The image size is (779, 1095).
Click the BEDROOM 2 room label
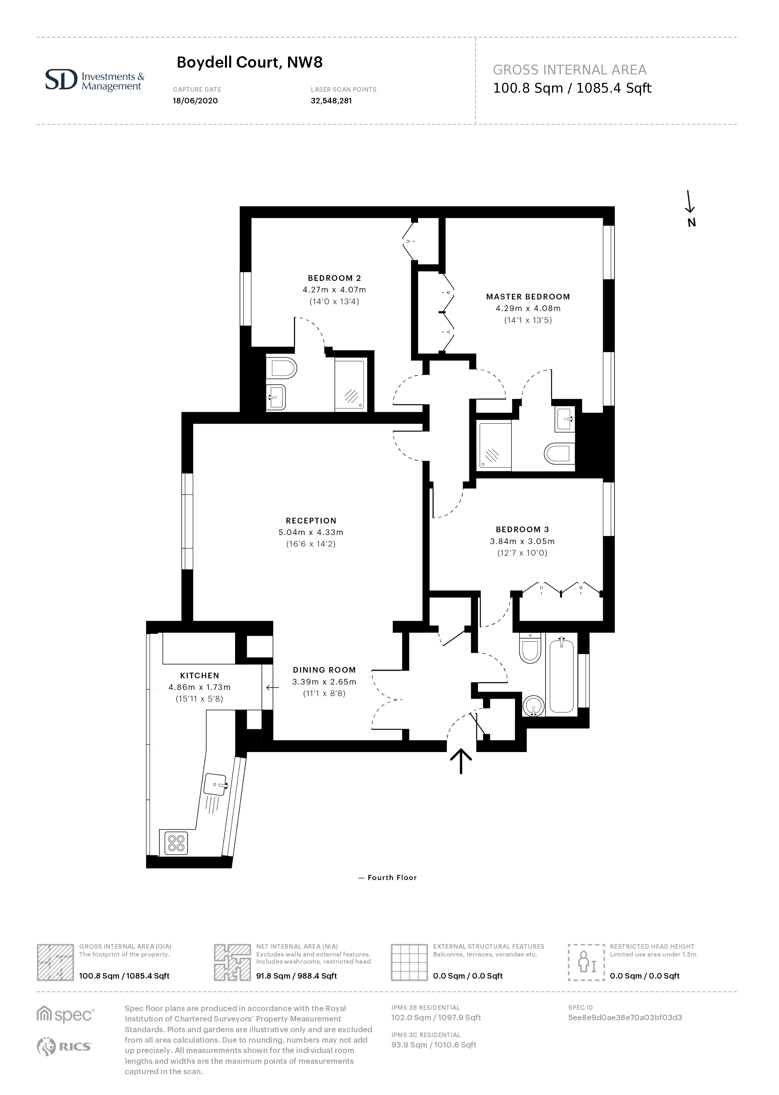point(334,278)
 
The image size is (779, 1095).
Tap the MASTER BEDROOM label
point(528,297)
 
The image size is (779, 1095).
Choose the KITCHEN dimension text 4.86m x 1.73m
point(200,687)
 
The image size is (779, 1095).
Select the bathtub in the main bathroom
point(561,675)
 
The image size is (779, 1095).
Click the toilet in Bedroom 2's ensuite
point(283,368)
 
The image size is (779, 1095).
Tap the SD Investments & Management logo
point(95,80)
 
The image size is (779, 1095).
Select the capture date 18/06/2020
point(195,101)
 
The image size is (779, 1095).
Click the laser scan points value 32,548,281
point(331,101)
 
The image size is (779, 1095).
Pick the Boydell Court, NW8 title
point(249,62)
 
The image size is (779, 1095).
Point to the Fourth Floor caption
point(388,878)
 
